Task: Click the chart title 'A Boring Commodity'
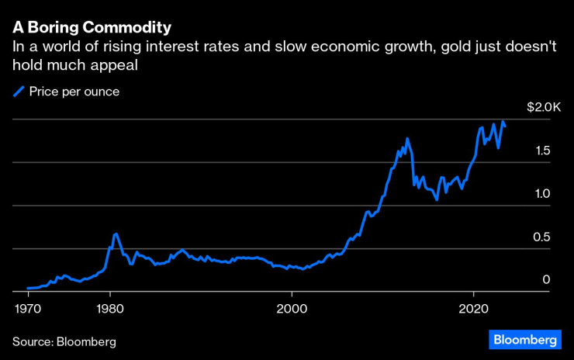[x=92, y=27]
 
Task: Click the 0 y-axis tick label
[x=546, y=280]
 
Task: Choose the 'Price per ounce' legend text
[x=74, y=92]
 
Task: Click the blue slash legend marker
[x=19, y=92]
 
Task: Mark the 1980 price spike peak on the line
[x=116, y=233]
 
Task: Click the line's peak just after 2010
[x=406, y=139]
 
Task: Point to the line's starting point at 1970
[x=28, y=288]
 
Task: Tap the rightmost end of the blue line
[x=506, y=126]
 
